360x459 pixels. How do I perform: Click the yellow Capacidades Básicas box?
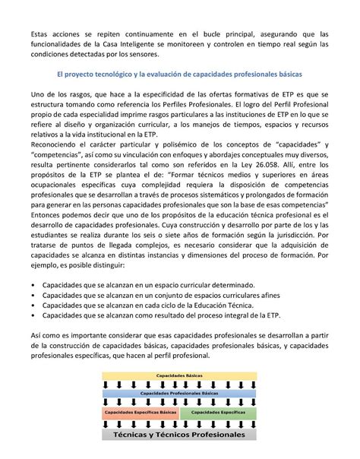click(x=179, y=375)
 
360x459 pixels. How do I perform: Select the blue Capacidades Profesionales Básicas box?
click(x=179, y=394)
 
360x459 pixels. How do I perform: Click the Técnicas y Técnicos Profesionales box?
click(x=179, y=435)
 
